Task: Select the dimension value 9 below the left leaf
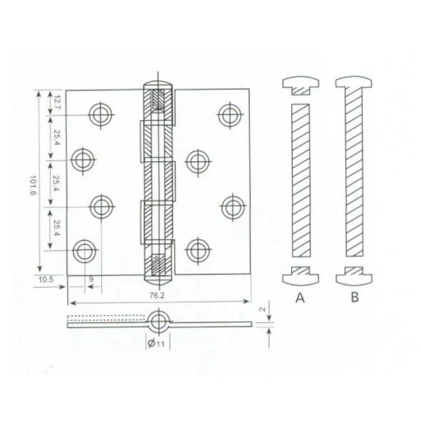pos(91,280)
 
